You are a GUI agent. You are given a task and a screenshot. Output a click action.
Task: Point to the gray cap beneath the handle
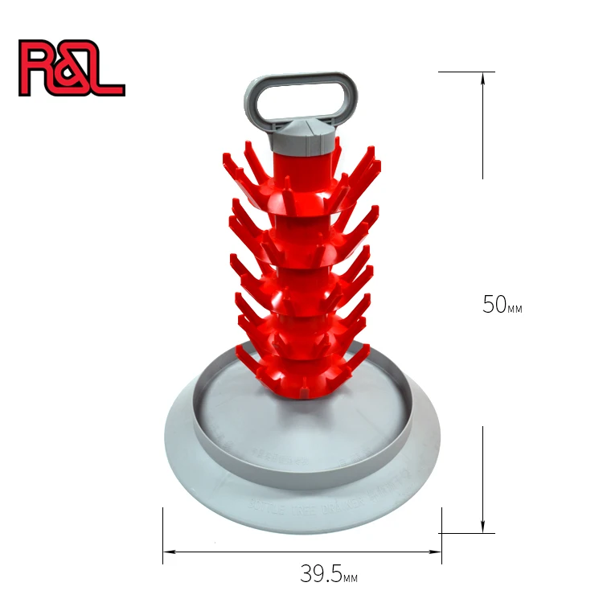(305, 137)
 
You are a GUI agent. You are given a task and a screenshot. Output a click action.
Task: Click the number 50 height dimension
(493, 305)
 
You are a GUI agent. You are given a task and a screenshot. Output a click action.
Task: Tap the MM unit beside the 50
(514, 309)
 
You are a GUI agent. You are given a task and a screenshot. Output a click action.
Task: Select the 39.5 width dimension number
(318, 574)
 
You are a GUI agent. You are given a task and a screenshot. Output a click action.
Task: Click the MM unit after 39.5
(349, 578)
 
